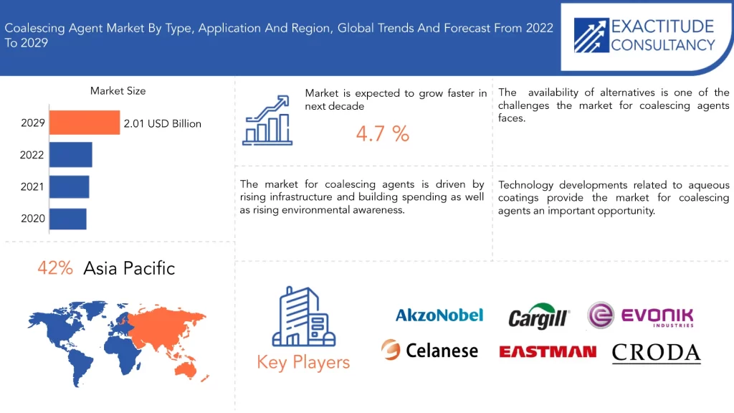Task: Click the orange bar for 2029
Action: (85, 123)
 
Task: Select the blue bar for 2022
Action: (71, 155)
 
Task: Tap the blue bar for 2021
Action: (70, 186)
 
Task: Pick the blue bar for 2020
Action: (68, 219)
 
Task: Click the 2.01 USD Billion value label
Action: (163, 123)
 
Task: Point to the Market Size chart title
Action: (118, 91)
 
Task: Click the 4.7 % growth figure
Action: (383, 134)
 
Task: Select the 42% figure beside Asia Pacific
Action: (55, 268)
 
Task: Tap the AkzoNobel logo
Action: (439, 315)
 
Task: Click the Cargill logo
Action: (539, 316)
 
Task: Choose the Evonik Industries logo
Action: (640, 315)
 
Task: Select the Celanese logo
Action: (429, 350)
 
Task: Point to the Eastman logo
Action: (548, 351)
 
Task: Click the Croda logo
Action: (657, 353)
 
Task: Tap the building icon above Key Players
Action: (304, 316)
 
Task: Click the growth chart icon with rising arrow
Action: (267, 120)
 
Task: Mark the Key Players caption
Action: (303, 362)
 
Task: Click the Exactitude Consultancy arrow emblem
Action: (591, 35)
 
